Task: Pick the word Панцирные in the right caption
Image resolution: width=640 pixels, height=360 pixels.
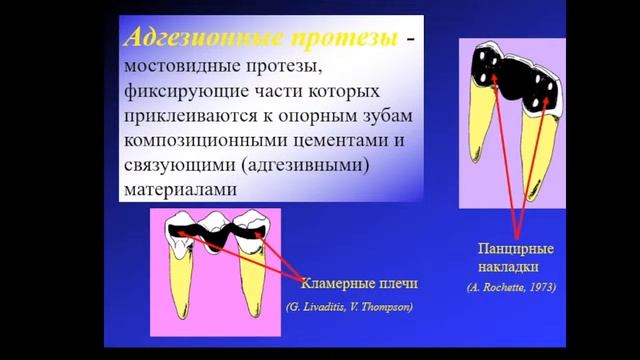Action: pos(516,247)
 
